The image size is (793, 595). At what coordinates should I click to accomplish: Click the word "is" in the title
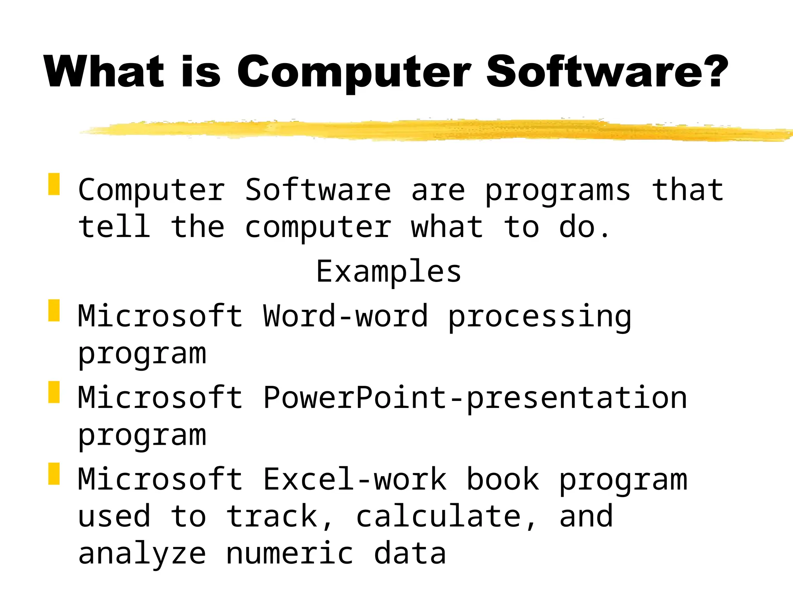(x=201, y=72)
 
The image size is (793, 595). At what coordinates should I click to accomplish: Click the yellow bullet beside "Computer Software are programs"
(x=54, y=184)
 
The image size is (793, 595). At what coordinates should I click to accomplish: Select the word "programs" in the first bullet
(x=558, y=191)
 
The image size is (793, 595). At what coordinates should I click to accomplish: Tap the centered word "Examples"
(x=389, y=271)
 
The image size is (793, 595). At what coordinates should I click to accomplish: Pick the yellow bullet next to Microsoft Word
(x=54, y=310)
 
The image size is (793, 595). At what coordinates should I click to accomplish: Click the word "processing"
(x=540, y=317)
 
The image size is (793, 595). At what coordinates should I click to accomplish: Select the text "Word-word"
(x=345, y=316)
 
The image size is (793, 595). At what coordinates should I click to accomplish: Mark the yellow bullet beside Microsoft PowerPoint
(x=54, y=392)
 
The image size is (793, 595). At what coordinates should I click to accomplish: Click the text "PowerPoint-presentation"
(x=475, y=398)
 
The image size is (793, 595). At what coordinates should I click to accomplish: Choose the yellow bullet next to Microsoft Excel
(x=54, y=474)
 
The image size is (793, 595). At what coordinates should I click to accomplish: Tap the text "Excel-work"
(x=355, y=480)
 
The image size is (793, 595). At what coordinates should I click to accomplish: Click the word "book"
(x=503, y=480)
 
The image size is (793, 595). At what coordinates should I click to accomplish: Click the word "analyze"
(x=142, y=554)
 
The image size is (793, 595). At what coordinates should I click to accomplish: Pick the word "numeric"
(x=290, y=554)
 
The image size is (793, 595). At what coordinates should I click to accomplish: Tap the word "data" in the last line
(x=410, y=554)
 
